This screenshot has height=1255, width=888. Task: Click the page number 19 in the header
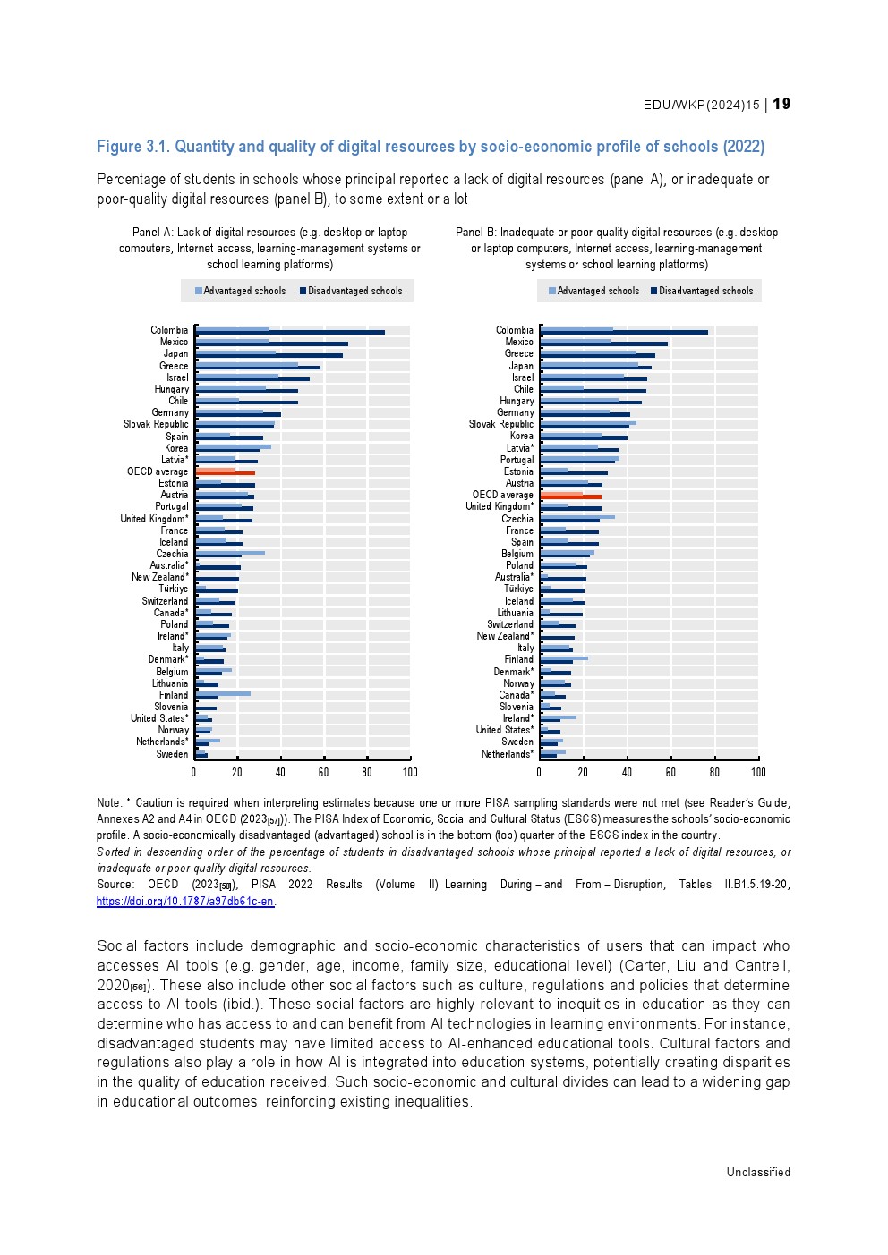[781, 104]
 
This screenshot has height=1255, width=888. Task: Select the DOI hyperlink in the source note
[185, 901]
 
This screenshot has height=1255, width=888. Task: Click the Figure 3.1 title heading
[431, 147]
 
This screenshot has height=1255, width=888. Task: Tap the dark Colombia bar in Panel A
[290, 333]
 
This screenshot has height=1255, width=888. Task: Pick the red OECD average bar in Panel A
[226, 472]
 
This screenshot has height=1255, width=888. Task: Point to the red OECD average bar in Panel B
[571, 496]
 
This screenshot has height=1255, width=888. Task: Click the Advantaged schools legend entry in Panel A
[239, 291]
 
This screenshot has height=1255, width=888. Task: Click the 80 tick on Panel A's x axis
[367, 772]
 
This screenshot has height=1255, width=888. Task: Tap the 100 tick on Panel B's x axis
[758, 772]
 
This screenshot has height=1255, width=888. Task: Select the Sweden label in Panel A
[172, 754]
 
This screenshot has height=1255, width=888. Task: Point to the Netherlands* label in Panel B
[508, 754]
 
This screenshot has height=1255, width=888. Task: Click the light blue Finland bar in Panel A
[223, 693]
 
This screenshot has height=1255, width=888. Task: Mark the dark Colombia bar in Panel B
[624, 333]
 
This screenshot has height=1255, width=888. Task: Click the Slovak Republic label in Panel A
[156, 424]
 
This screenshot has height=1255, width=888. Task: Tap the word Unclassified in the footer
[758, 1172]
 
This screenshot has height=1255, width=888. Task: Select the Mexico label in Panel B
[519, 342]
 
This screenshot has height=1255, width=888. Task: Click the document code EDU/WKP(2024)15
[701, 105]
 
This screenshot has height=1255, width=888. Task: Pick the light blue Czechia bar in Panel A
[230, 553]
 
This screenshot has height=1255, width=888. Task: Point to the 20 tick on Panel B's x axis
[583, 772]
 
